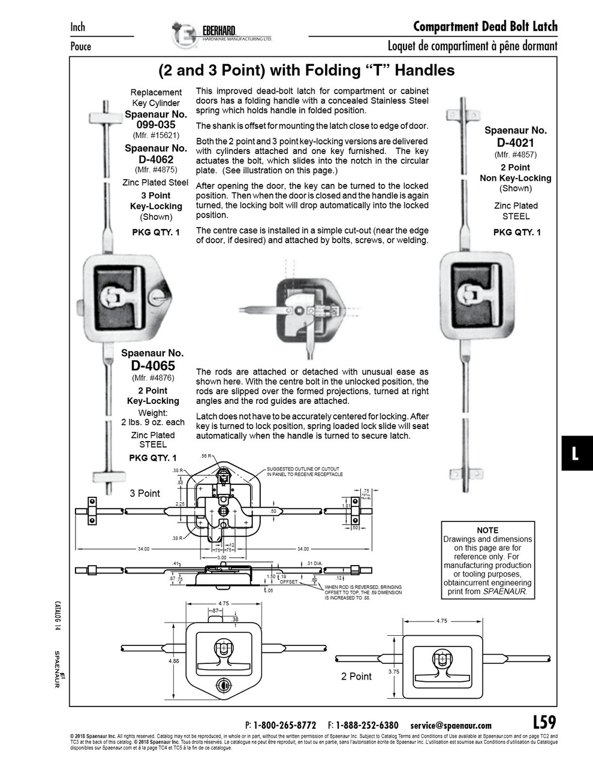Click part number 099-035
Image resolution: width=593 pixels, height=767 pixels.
pyautogui.click(x=155, y=125)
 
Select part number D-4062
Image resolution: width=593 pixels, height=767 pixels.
pyautogui.click(x=155, y=159)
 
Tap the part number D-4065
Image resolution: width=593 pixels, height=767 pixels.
pyautogui.click(x=153, y=366)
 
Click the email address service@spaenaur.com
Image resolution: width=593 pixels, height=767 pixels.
pyautogui.click(x=450, y=725)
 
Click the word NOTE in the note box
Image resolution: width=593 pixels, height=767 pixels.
pyautogui.click(x=487, y=530)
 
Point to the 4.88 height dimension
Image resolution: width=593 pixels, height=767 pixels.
pyautogui.click(x=173, y=661)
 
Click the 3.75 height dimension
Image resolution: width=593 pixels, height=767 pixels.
pyautogui.click(x=393, y=672)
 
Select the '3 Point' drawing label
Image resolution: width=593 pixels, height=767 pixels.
pyautogui.click(x=145, y=493)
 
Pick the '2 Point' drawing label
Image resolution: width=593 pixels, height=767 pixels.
pyautogui.click(x=356, y=677)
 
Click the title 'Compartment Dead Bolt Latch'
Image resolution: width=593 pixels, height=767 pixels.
pyautogui.click(x=485, y=26)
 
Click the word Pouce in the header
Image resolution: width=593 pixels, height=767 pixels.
pyautogui.click(x=81, y=46)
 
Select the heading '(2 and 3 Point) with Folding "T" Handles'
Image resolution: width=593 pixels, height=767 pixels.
pyautogui.click(x=306, y=71)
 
